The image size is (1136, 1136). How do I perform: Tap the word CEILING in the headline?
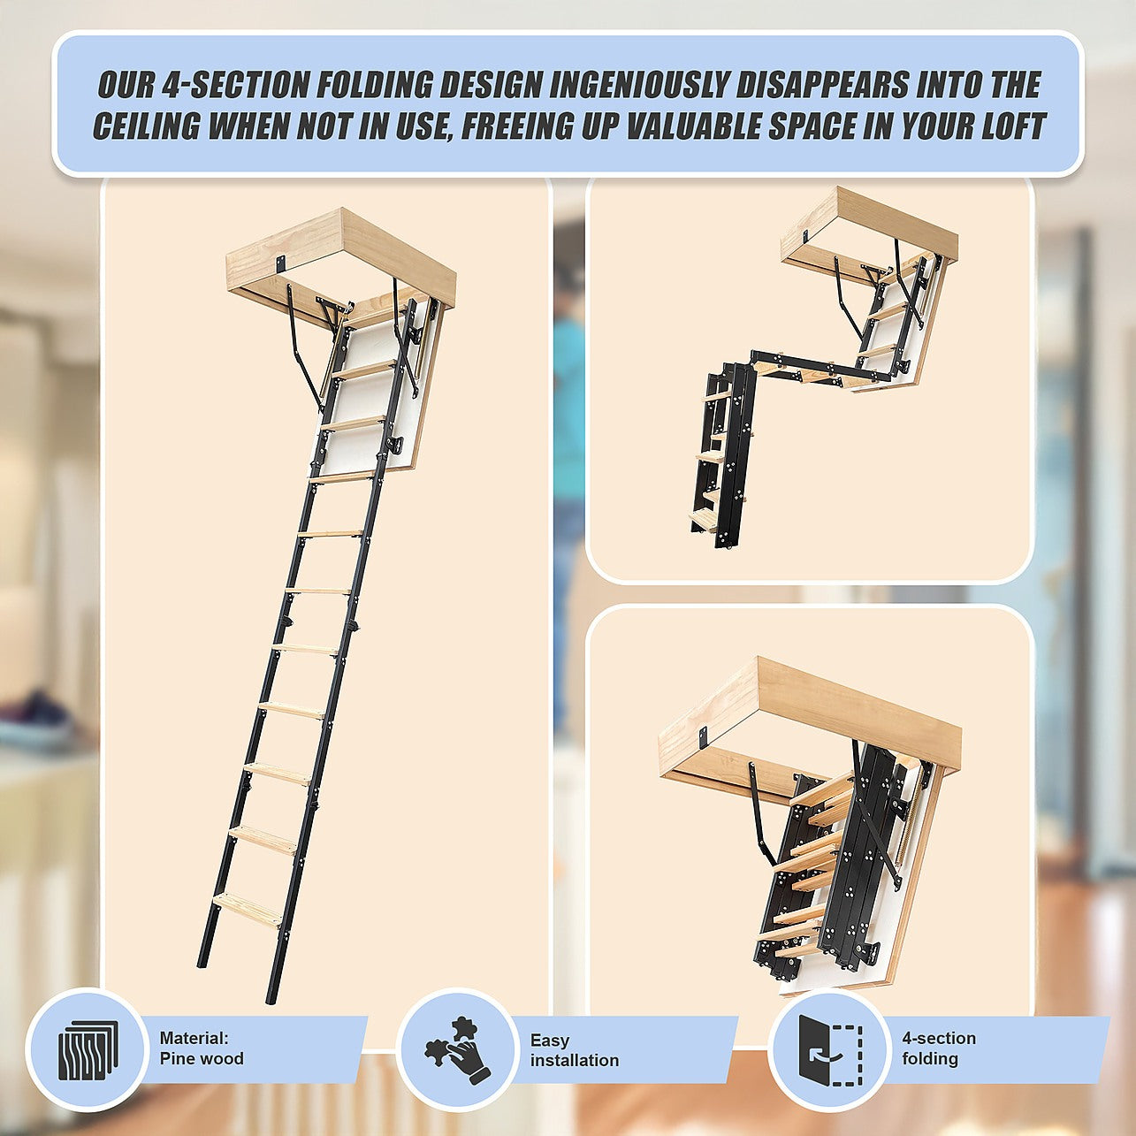tap(146, 126)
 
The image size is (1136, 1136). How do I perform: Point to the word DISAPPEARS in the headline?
tap(817, 85)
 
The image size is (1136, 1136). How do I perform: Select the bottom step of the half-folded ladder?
tap(705, 521)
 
